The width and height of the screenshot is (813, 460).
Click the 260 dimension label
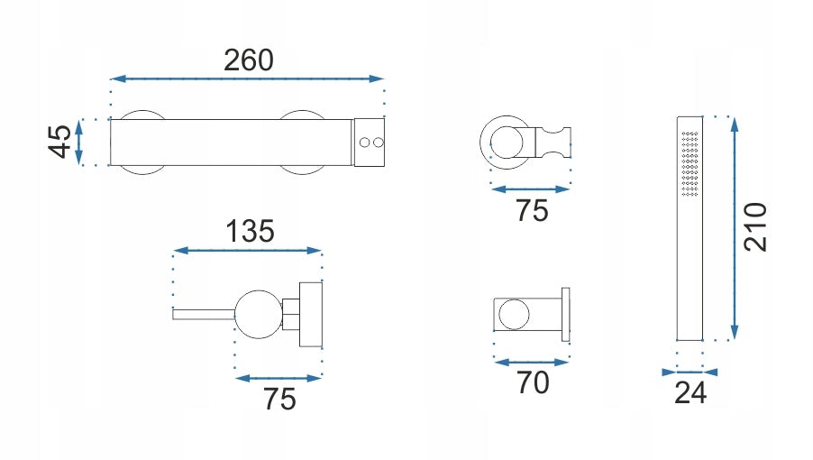[x=249, y=60]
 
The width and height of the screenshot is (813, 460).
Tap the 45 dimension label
[x=59, y=141]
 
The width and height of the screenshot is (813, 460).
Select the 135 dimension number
[x=250, y=231]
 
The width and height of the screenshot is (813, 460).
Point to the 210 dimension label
[x=755, y=226]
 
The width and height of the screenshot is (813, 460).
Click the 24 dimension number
[x=690, y=392]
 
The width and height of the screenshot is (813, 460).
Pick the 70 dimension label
[x=533, y=382]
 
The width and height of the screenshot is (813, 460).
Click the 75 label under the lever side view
[x=279, y=400]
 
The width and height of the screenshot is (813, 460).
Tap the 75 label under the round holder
[x=532, y=210]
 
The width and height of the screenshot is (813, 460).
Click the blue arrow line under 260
[x=247, y=78]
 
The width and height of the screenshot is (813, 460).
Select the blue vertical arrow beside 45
[x=78, y=143]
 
